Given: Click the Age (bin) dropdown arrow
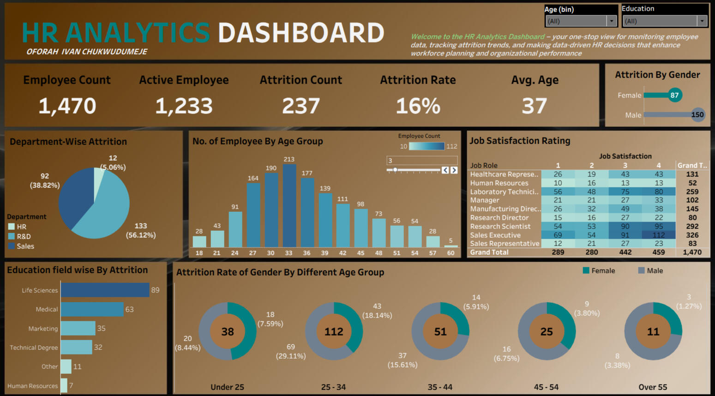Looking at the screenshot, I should [x=612, y=21].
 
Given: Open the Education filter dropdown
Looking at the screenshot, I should [x=702, y=21].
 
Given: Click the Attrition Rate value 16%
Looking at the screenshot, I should [x=418, y=106].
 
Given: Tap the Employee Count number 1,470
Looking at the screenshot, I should [x=67, y=106].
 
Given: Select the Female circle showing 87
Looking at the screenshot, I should [x=674, y=95].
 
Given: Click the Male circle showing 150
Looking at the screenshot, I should [x=697, y=114].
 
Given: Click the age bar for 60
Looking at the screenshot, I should [x=451, y=246].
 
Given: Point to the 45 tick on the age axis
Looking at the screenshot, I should [x=361, y=253].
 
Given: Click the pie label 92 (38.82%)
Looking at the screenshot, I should [x=45, y=180].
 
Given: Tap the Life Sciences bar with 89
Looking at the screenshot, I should [x=105, y=290].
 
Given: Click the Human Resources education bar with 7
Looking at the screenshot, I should [x=64, y=385].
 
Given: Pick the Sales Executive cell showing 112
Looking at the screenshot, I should [x=658, y=235].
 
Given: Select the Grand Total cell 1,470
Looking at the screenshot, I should [x=692, y=252].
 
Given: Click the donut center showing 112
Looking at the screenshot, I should [x=334, y=331].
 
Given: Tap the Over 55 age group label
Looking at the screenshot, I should [x=653, y=387].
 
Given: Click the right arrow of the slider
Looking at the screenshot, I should [x=454, y=170].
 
